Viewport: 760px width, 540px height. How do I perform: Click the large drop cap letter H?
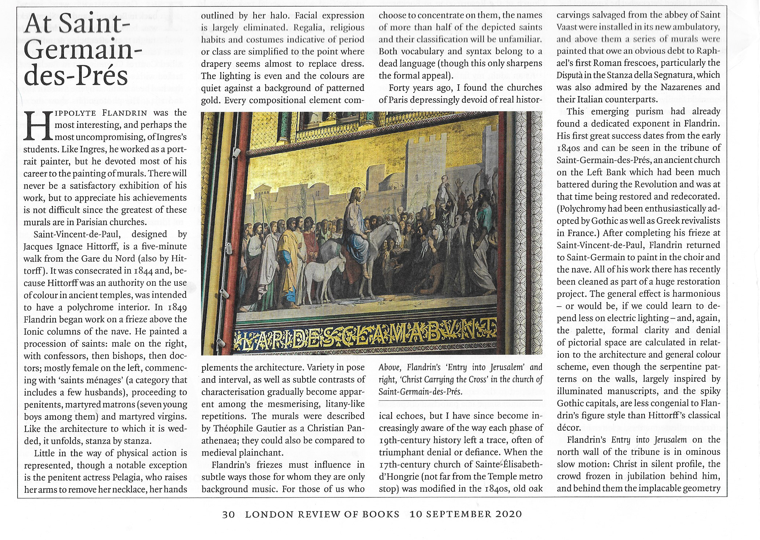pos(38,126)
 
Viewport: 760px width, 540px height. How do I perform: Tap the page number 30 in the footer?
pos(228,514)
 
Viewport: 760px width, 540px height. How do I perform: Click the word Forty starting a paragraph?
pos(400,88)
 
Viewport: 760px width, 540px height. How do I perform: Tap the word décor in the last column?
pos(569,428)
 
